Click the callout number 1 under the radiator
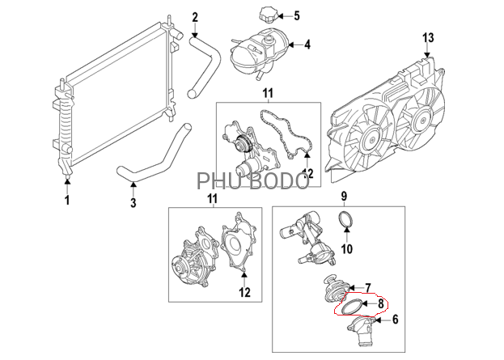[x=68, y=200]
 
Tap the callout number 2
[x=194, y=17]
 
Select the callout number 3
[x=133, y=203]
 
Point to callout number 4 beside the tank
[x=307, y=45]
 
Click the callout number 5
[x=296, y=15]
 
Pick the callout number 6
[x=396, y=320]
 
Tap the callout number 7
[x=367, y=288]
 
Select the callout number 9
[x=343, y=197]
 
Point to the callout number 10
[x=347, y=249]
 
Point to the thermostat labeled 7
[x=332, y=289]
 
